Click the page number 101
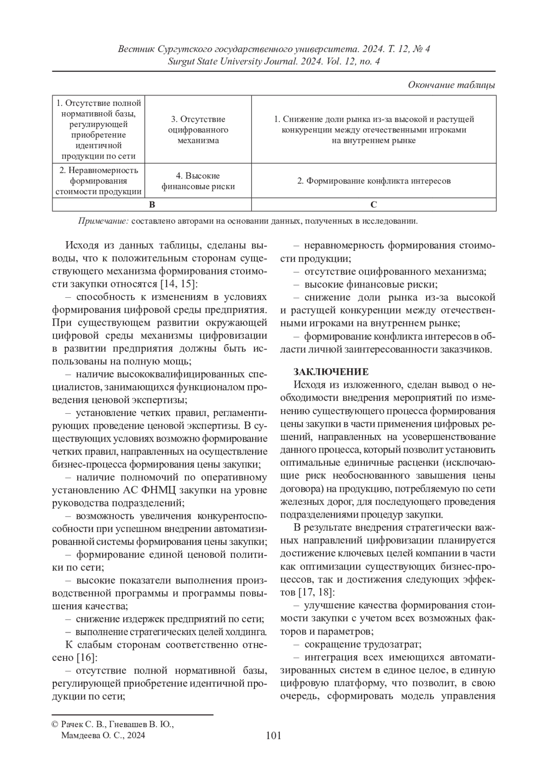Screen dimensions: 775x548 (x=273, y=735)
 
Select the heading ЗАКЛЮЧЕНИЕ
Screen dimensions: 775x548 (x=331, y=371)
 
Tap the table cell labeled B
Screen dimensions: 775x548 (x=152, y=205)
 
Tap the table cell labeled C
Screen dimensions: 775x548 (x=374, y=205)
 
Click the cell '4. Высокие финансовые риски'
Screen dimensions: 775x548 (x=198, y=181)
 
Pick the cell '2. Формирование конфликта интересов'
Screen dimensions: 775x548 (x=374, y=181)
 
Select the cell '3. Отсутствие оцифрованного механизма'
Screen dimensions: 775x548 (x=198, y=130)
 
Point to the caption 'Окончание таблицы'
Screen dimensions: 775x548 (x=452, y=85)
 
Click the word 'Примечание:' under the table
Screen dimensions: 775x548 (x=103, y=221)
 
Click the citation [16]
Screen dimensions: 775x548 (x=85, y=658)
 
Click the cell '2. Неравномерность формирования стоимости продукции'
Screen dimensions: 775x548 (x=98, y=181)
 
